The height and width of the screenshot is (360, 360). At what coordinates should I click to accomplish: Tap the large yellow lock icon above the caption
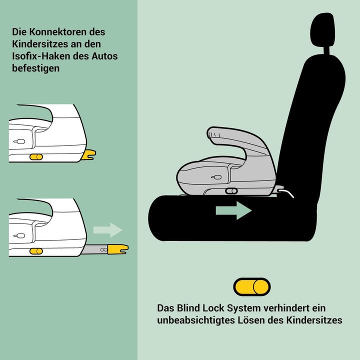tap(252, 286)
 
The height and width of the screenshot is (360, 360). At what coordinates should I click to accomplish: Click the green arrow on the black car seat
tap(233, 210)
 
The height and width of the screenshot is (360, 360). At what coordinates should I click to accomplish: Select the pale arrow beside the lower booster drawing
tap(107, 230)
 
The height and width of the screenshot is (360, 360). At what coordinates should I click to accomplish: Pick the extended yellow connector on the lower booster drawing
tap(117, 248)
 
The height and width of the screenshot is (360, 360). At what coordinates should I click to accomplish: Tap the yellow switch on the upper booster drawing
tap(36, 157)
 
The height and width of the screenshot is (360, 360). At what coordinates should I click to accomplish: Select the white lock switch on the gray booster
tap(231, 190)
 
